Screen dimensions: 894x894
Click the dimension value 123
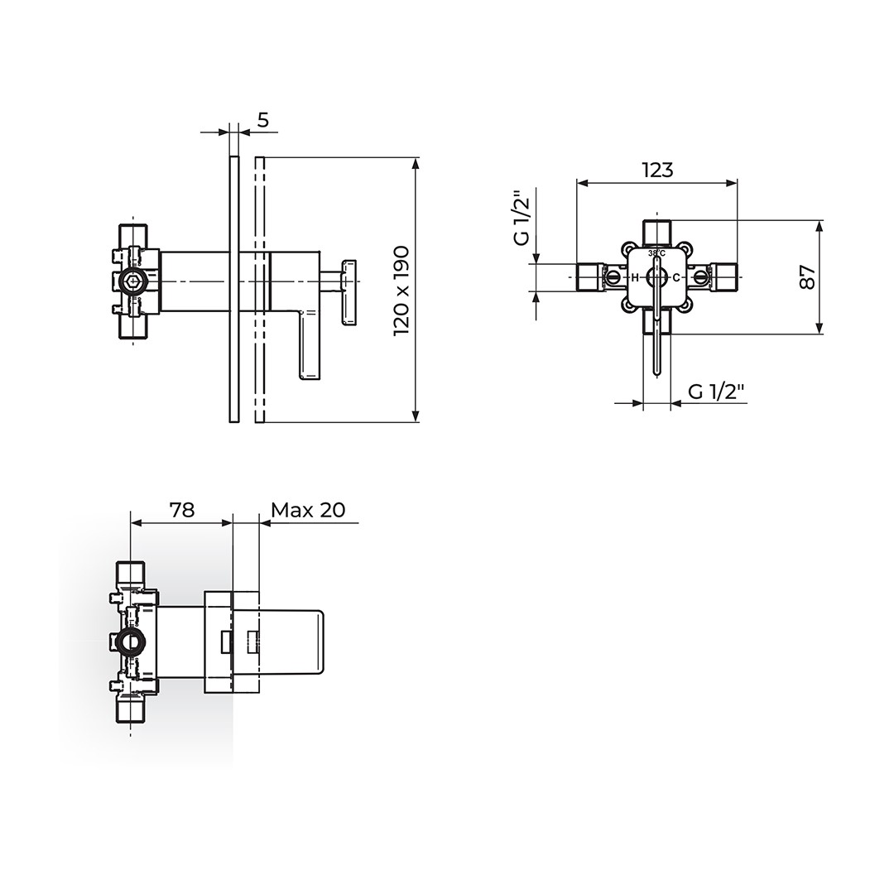[657, 170]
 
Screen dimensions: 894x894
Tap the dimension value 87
[808, 277]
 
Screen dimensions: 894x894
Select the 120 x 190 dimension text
[402, 291]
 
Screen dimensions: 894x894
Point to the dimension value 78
[182, 510]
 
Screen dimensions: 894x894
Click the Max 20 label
[309, 510]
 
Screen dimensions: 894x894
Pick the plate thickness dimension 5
[263, 120]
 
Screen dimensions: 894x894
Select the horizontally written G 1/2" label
[717, 392]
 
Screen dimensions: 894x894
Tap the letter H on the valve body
[634, 278]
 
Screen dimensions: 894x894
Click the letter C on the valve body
[675, 278]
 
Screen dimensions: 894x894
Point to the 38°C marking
[656, 252]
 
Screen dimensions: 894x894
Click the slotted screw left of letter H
[614, 277]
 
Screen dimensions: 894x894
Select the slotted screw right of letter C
[700, 277]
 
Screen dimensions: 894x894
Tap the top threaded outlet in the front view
[656, 231]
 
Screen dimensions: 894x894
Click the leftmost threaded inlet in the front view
[590, 277]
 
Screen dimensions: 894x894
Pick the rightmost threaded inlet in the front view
[724, 277]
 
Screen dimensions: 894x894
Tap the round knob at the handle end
[349, 292]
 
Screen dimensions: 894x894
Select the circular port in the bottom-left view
[130, 642]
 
